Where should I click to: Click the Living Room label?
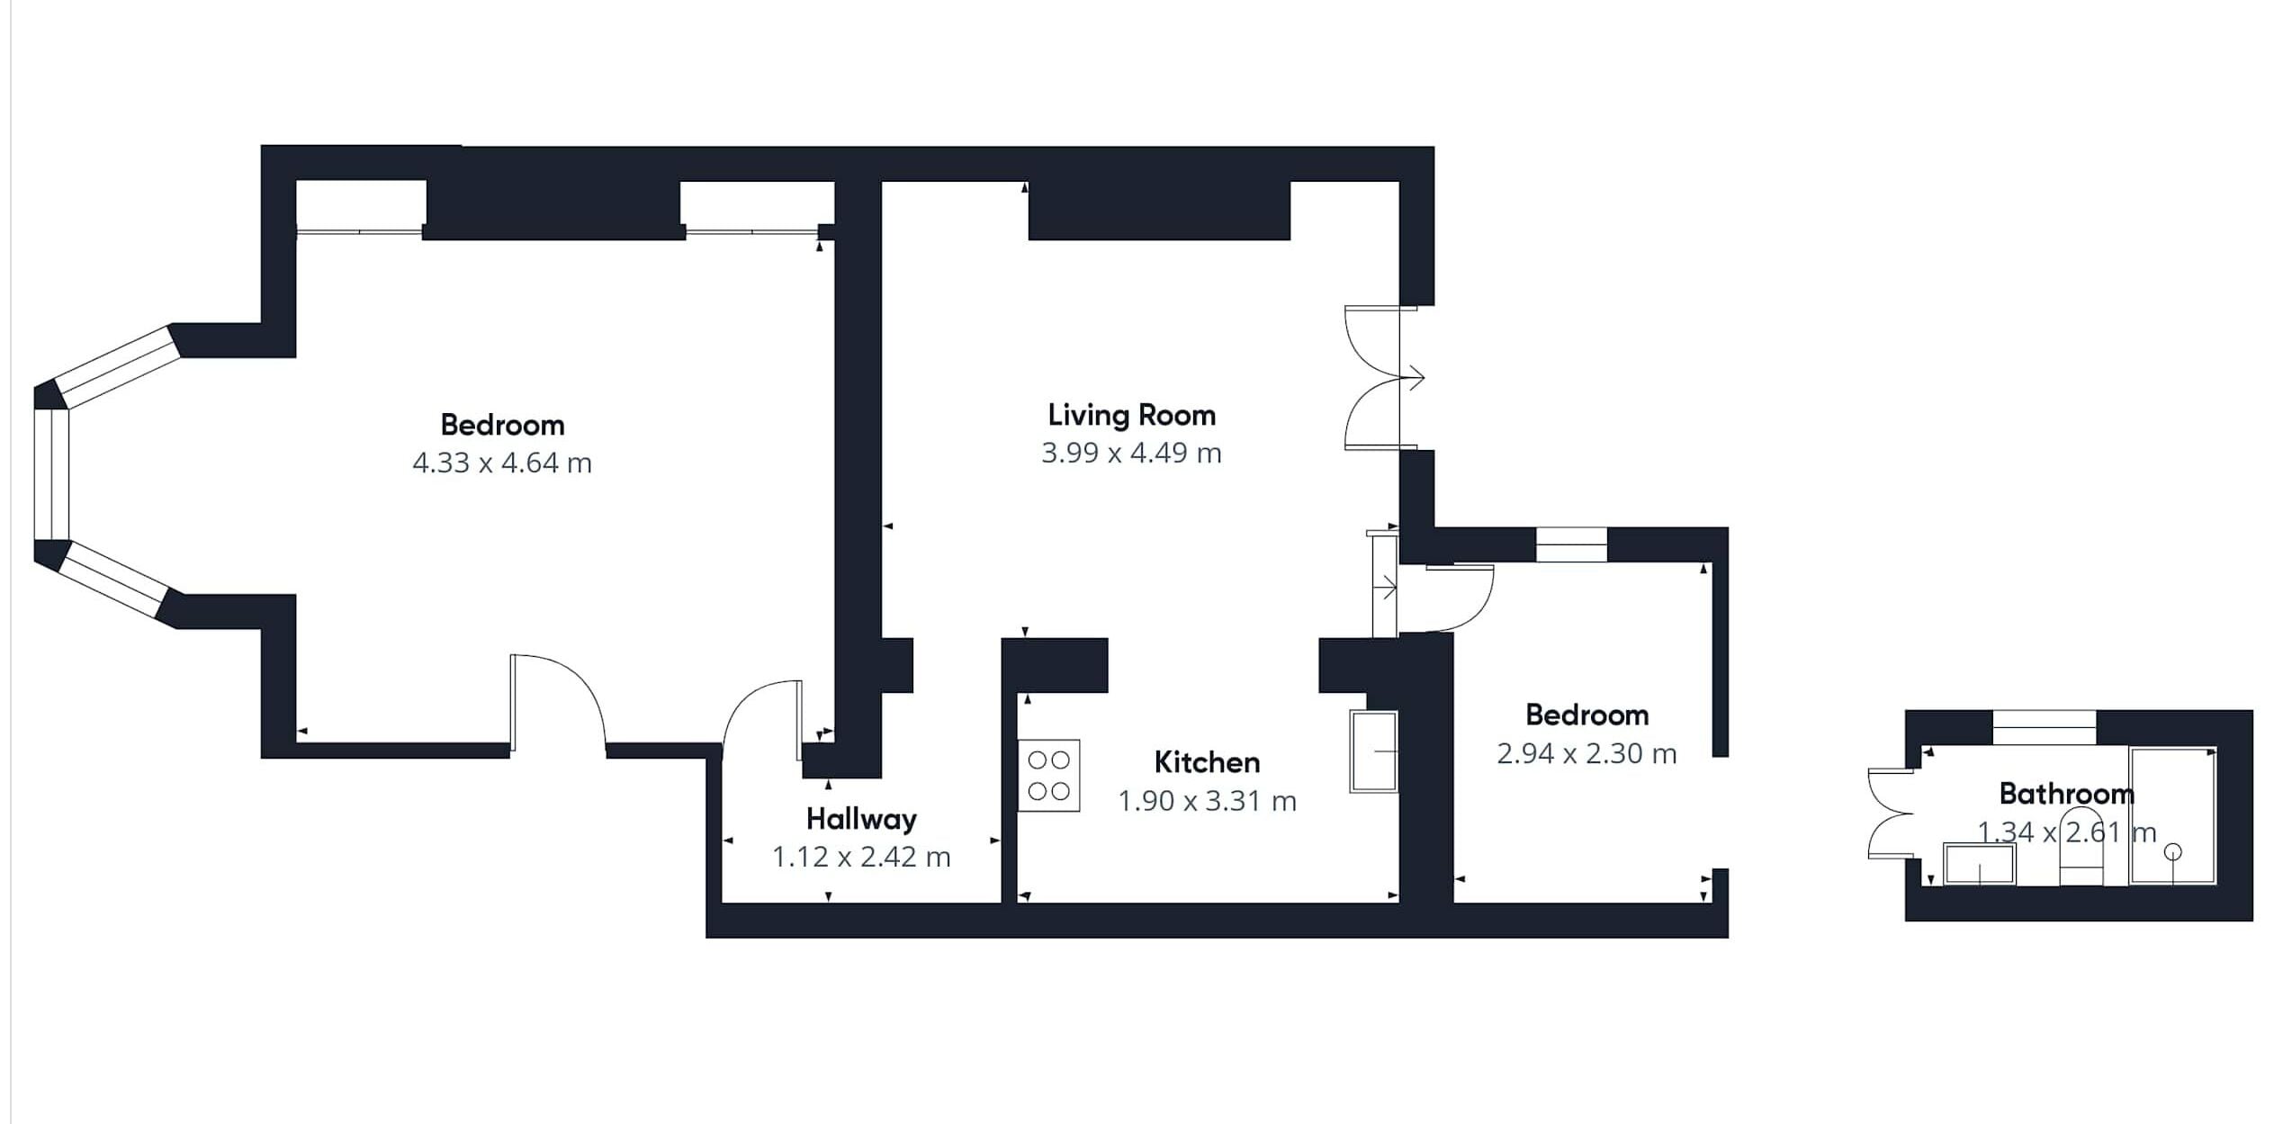click(1131, 415)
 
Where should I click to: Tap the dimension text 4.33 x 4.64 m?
click(502, 463)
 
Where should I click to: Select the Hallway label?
click(861, 819)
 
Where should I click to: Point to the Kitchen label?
click(1207, 762)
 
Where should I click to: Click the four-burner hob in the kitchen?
click(1048, 775)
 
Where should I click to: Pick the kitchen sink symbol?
click(1373, 751)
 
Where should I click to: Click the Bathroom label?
click(2066, 793)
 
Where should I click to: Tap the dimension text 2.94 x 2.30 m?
click(1586, 753)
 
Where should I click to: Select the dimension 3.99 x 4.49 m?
click(1131, 453)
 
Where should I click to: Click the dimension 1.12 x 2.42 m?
click(861, 857)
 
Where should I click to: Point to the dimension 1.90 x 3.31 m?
click(1207, 801)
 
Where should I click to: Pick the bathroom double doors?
click(1890, 814)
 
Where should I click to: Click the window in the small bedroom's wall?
click(1570, 544)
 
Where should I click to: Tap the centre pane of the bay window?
click(52, 474)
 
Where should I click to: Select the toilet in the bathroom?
click(2081, 850)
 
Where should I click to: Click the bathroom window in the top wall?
click(2045, 726)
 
